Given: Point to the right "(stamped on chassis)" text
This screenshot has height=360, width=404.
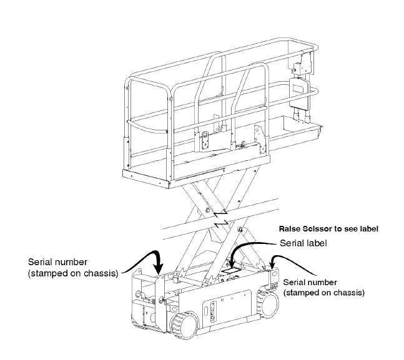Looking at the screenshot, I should (x=324, y=291).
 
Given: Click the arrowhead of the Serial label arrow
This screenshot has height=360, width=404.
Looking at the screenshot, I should (x=231, y=266).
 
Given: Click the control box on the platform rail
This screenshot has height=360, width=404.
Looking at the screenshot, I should (x=298, y=88).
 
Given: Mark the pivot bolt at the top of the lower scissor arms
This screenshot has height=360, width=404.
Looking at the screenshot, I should (x=240, y=231).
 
